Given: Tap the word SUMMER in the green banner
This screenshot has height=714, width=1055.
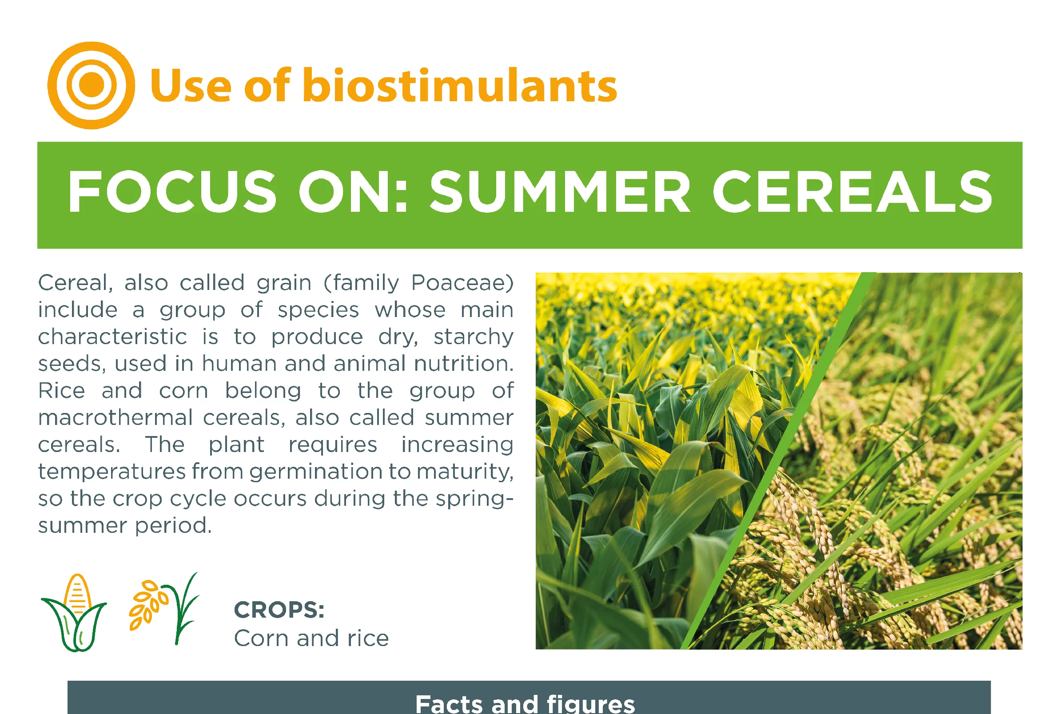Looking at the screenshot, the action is point(560,191).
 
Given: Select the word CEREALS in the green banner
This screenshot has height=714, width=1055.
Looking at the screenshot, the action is point(852,191).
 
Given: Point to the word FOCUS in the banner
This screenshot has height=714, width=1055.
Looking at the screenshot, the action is point(172,191).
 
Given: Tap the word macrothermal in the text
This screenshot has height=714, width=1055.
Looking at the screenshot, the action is point(116,417).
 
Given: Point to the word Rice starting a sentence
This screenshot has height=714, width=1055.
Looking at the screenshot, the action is point(61,391).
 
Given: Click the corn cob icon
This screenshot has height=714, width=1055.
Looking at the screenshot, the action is point(74,613).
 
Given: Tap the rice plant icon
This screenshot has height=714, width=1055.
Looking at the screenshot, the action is point(164,608).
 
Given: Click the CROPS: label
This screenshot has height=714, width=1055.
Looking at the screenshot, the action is point(279,610).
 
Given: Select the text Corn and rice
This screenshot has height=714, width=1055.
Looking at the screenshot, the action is point(311,638).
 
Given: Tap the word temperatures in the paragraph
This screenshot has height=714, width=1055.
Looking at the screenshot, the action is point(112,472).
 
